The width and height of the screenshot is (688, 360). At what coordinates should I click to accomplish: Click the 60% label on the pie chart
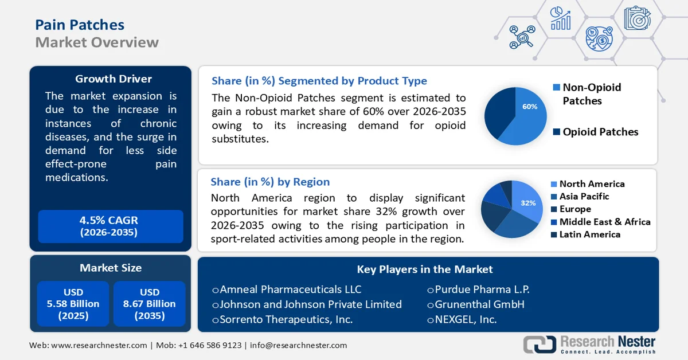pos(530,107)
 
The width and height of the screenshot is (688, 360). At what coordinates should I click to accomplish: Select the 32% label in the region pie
pos(527,204)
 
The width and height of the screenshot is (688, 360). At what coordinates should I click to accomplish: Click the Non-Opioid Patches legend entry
pos(591,94)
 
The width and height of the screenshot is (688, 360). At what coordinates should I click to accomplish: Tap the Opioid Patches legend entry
pos(600,132)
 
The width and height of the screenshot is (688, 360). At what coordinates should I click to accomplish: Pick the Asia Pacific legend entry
pos(584,197)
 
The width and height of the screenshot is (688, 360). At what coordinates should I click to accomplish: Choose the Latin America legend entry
pos(589,234)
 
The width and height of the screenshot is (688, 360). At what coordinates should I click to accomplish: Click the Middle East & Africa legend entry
pos(604,222)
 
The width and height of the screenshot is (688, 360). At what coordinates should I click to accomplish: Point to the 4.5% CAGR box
pos(109,226)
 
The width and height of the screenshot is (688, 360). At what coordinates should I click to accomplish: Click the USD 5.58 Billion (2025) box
pos(73,304)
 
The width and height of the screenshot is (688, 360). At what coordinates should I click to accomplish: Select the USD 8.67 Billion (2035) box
pos(150,304)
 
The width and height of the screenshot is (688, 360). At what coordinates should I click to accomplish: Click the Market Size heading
pos(110,268)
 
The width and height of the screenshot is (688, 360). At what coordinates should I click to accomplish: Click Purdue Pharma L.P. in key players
pos(476,289)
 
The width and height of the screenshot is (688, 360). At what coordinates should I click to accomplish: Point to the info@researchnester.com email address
pos(298,345)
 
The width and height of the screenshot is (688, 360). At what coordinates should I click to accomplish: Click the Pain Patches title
pos(80,25)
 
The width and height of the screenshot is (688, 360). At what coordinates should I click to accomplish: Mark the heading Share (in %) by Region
pos(270,182)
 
